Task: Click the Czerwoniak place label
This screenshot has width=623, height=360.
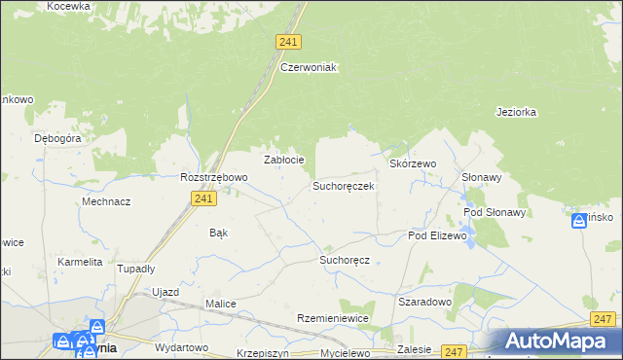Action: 308,67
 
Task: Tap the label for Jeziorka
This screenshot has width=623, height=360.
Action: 516,112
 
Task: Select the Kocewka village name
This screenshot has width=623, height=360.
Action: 67,6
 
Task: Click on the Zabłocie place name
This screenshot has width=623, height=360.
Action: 285,160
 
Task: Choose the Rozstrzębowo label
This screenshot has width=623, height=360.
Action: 214,177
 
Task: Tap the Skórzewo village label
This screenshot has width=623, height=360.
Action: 413,164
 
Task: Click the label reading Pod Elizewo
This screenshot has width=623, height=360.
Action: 438,235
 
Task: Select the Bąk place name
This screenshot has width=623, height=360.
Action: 219,233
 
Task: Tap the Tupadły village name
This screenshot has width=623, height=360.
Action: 136,269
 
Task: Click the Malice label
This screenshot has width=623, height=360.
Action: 220,304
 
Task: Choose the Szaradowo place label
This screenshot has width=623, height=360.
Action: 425,302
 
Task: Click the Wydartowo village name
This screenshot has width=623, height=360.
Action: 182,347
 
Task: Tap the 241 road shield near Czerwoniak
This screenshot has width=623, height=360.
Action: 288,42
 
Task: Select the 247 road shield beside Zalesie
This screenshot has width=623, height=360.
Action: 454,350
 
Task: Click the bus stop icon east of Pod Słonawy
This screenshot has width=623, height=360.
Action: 578,222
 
